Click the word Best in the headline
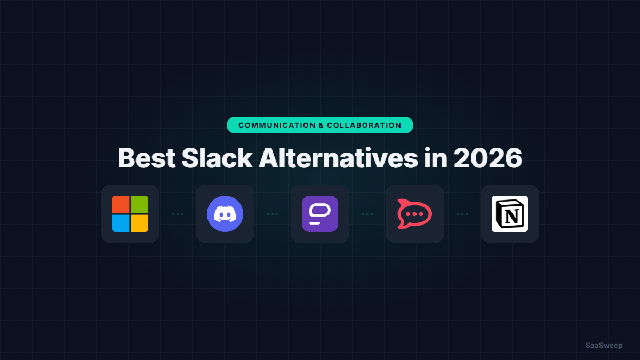(147, 158)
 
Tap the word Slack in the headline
(217, 158)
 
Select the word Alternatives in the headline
(338, 158)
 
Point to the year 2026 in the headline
(487, 158)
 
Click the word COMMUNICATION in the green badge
(277, 125)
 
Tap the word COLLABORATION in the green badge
(364, 125)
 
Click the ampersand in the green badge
(321, 125)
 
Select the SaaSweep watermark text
(604, 345)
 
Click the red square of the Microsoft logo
(121, 204)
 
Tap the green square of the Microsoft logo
(140, 204)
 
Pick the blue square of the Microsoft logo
(121, 223)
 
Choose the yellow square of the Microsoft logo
(140, 223)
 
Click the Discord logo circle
(225, 214)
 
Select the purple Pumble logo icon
(320, 214)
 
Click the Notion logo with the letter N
(510, 214)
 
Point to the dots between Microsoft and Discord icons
(178, 214)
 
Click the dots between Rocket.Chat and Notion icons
(462, 214)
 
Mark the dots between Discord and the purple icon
(273, 214)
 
